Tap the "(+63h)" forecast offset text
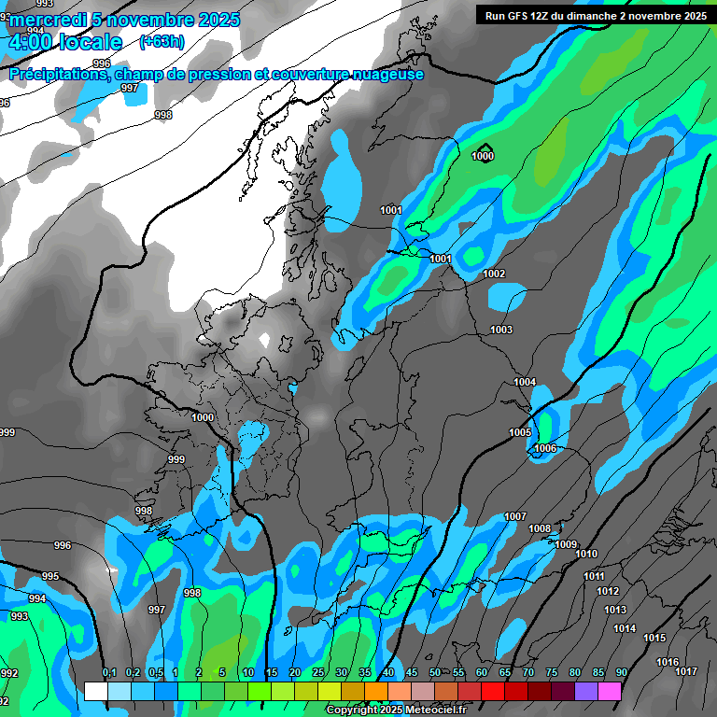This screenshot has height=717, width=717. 162,42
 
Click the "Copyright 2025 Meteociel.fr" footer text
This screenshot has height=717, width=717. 396,710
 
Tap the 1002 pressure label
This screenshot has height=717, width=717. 494,274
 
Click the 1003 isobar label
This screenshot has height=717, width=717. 501,330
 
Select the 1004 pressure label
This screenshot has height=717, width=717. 525,382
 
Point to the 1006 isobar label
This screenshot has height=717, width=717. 545,449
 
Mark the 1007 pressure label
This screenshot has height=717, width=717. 515,516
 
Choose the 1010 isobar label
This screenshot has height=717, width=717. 586,554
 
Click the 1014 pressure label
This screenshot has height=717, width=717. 625,628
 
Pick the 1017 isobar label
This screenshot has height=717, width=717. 686,671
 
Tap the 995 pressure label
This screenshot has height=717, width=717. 50,576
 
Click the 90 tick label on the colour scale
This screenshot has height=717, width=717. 621,673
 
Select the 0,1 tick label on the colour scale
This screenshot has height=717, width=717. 109,673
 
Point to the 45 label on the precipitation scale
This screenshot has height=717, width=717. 412,673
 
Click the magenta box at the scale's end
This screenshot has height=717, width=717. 610,691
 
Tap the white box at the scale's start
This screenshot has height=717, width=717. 95,691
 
